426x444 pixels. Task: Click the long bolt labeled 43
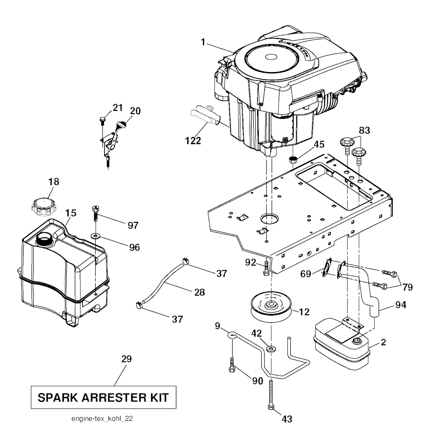pos(271,396)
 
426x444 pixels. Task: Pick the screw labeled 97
pos(95,214)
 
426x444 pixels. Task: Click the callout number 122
pos(193,140)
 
